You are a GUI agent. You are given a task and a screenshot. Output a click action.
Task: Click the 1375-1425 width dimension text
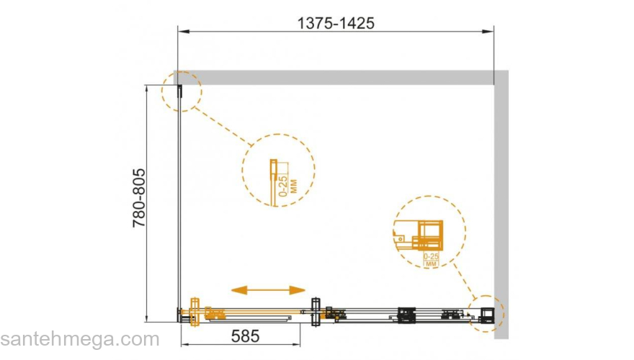[336, 23]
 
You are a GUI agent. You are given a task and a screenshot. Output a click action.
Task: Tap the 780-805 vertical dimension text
[139, 198]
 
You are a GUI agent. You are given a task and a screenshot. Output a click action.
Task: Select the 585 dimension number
[245, 336]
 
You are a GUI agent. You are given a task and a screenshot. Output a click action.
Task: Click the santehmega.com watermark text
[80, 339]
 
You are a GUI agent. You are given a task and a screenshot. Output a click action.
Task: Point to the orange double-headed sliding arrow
[268, 289]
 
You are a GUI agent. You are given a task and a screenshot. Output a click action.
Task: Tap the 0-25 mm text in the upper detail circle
[288, 186]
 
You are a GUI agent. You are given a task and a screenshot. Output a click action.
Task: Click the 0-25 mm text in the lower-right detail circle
[431, 260]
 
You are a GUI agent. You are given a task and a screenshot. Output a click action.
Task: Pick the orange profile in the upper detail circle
[274, 182]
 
